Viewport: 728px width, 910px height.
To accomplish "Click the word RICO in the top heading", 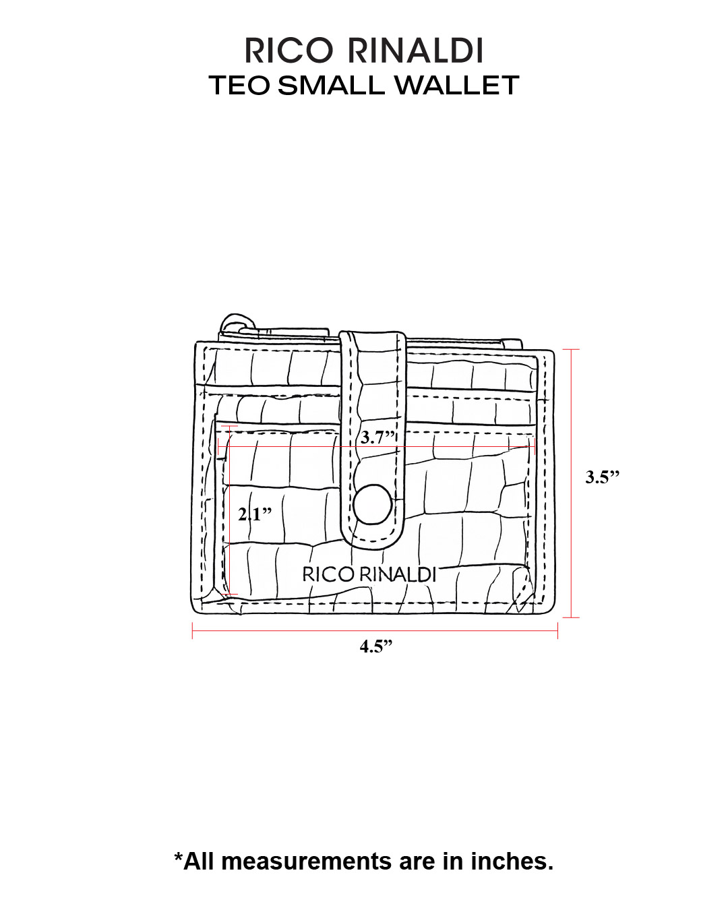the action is [289, 51].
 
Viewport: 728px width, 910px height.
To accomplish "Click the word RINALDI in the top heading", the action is [415, 51].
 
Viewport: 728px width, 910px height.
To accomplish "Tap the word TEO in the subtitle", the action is [239, 85].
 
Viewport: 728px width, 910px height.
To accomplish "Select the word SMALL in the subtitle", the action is [331, 85].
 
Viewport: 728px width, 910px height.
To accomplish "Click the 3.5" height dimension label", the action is [602, 477].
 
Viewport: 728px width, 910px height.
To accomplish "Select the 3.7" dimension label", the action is [377, 437].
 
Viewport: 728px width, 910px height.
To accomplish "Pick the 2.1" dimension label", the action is [255, 514].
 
